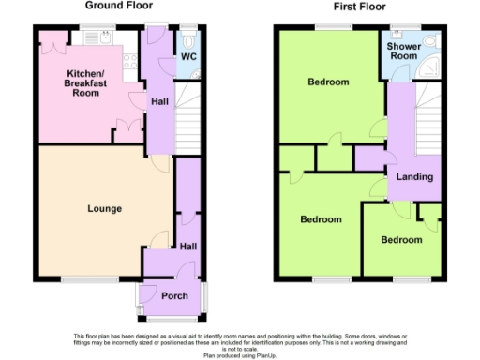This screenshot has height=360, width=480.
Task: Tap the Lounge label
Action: pyautogui.click(x=104, y=208)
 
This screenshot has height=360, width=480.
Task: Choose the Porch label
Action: pyautogui.click(x=175, y=296)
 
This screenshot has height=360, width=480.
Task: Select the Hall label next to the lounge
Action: pyautogui.click(x=188, y=246)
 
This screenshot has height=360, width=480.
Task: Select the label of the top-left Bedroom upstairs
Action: pyautogui.click(x=328, y=82)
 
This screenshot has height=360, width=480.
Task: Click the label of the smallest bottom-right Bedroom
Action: pyautogui.click(x=401, y=240)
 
